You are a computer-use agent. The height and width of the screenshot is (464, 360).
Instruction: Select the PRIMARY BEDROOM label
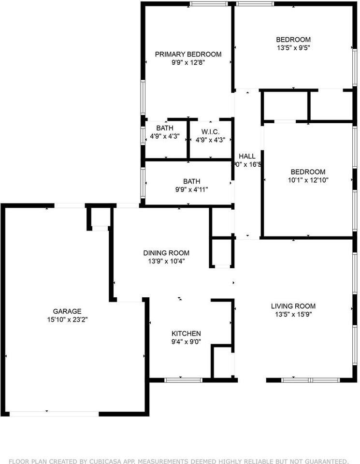pyautogui.click(x=188, y=54)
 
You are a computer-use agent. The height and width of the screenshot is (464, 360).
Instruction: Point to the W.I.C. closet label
pyautogui.click(x=210, y=132)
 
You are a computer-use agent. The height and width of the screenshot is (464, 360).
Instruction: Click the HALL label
pyautogui.click(x=247, y=156)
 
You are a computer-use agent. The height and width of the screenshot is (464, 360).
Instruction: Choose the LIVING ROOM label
pyautogui.click(x=293, y=306)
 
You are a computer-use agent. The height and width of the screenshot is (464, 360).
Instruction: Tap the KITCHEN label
pyautogui.click(x=186, y=333)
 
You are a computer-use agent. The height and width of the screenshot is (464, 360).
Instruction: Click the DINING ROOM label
pyautogui.click(x=166, y=253)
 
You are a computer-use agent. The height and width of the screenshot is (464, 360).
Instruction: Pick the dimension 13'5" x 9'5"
pyautogui.click(x=293, y=48)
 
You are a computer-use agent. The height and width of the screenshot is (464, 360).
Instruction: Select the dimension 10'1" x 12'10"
pyautogui.click(x=308, y=180)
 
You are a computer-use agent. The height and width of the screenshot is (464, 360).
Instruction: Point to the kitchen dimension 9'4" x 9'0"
pyautogui.click(x=186, y=342)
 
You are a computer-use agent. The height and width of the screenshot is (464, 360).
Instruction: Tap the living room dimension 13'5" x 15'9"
pyautogui.click(x=293, y=314)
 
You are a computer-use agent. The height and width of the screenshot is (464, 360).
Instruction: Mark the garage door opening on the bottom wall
pyautogui.click(x=54, y=414)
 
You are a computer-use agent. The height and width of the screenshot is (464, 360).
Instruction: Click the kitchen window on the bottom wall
pyautogui.click(x=183, y=380)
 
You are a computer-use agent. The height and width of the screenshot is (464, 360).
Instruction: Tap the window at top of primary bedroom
pyautogui.click(x=208, y=4)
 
